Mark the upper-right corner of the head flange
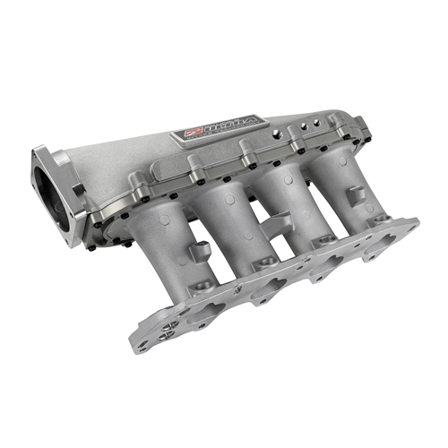[414, 223]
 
